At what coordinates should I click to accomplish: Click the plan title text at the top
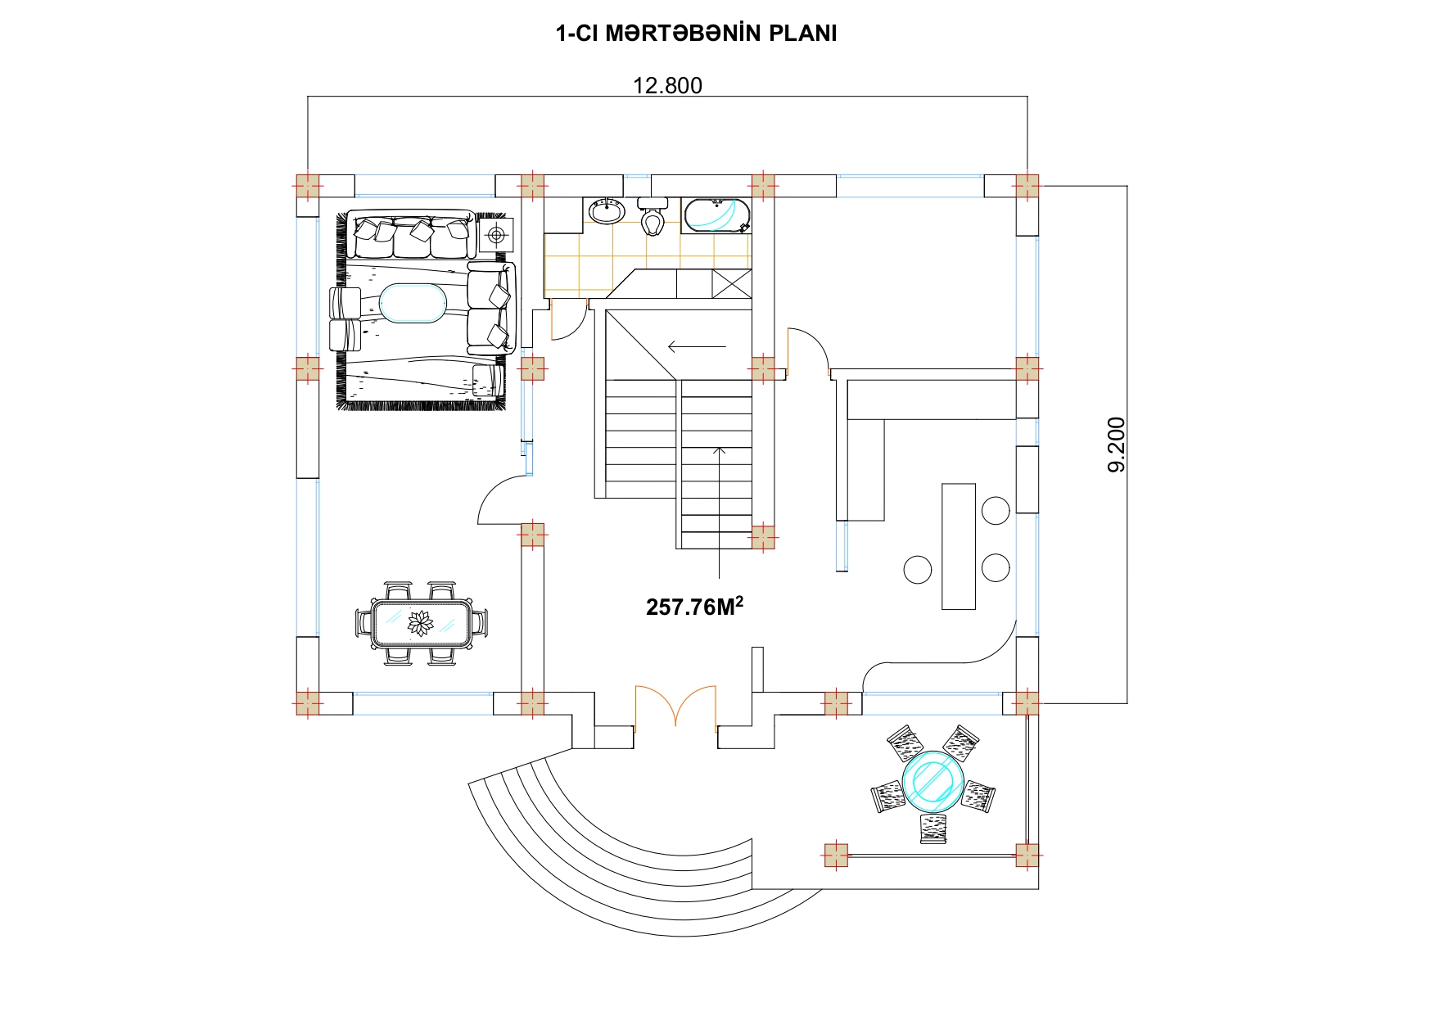point(696,34)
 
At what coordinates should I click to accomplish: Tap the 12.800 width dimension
point(667,85)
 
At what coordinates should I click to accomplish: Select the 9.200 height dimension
point(1116,445)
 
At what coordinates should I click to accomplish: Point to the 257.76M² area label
point(694,606)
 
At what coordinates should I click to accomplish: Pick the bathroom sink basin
point(607,211)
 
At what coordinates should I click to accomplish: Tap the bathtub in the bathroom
point(717,214)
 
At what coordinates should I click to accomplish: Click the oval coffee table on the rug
point(412,303)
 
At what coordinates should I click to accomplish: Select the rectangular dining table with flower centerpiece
point(422,624)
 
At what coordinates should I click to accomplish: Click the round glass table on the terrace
point(932,779)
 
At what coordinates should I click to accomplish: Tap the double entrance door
point(675,707)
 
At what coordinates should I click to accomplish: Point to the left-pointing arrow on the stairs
point(697,346)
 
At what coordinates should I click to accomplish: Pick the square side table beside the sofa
point(495,236)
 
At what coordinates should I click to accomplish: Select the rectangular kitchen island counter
point(959,546)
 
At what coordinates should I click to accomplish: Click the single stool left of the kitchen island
point(918,569)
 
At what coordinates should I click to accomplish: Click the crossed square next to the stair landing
point(731,283)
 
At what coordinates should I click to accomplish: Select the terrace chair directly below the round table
point(933,828)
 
